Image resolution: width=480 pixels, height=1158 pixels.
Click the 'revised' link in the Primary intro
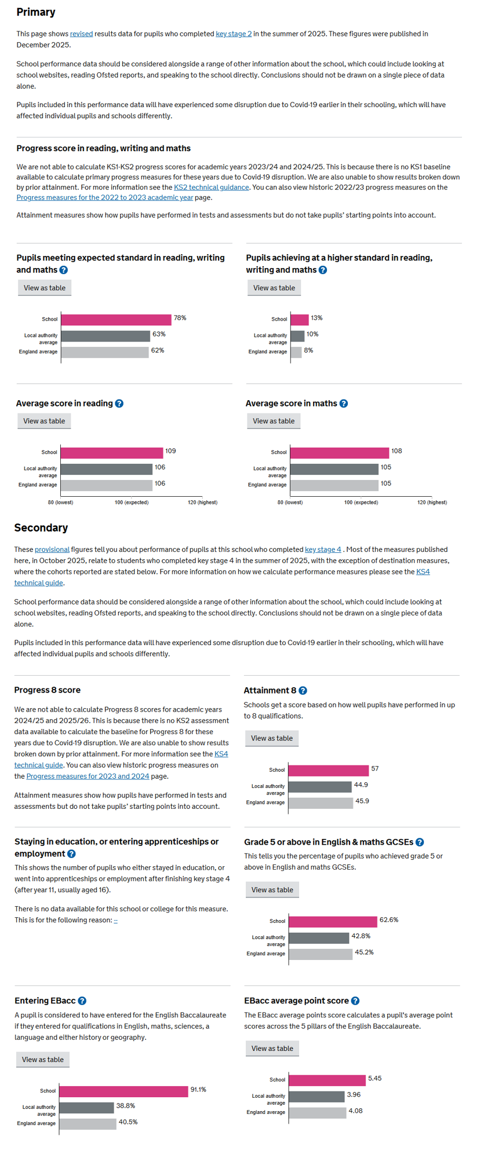point(81,34)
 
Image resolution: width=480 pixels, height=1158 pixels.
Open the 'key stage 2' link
point(234,34)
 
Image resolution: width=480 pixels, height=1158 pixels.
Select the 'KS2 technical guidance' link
point(211,188)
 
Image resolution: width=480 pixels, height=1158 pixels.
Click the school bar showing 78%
point(116,320)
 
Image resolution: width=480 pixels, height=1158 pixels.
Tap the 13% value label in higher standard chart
point(317,318)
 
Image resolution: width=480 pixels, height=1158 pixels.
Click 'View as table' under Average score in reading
point(44,421)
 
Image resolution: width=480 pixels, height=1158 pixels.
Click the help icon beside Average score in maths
point(344,404)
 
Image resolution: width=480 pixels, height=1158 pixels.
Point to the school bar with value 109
point(111,453)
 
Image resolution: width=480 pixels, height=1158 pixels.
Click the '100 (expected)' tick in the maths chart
point(361,503)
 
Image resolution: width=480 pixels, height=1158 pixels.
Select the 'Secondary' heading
point(41,527)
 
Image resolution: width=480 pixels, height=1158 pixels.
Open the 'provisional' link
point(52,549)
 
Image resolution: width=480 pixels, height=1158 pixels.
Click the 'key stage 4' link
point(323,549)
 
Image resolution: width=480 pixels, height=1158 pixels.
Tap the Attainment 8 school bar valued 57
point(328,770)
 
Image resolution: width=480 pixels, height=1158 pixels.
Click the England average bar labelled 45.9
point(321,802)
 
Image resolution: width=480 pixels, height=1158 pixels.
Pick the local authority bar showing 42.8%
point(319,937)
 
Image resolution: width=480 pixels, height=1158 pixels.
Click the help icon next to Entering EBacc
point(82,1001)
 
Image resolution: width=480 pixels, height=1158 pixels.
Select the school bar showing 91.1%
point(123,1091)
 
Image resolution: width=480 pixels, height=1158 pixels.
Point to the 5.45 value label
point(374,1078)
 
